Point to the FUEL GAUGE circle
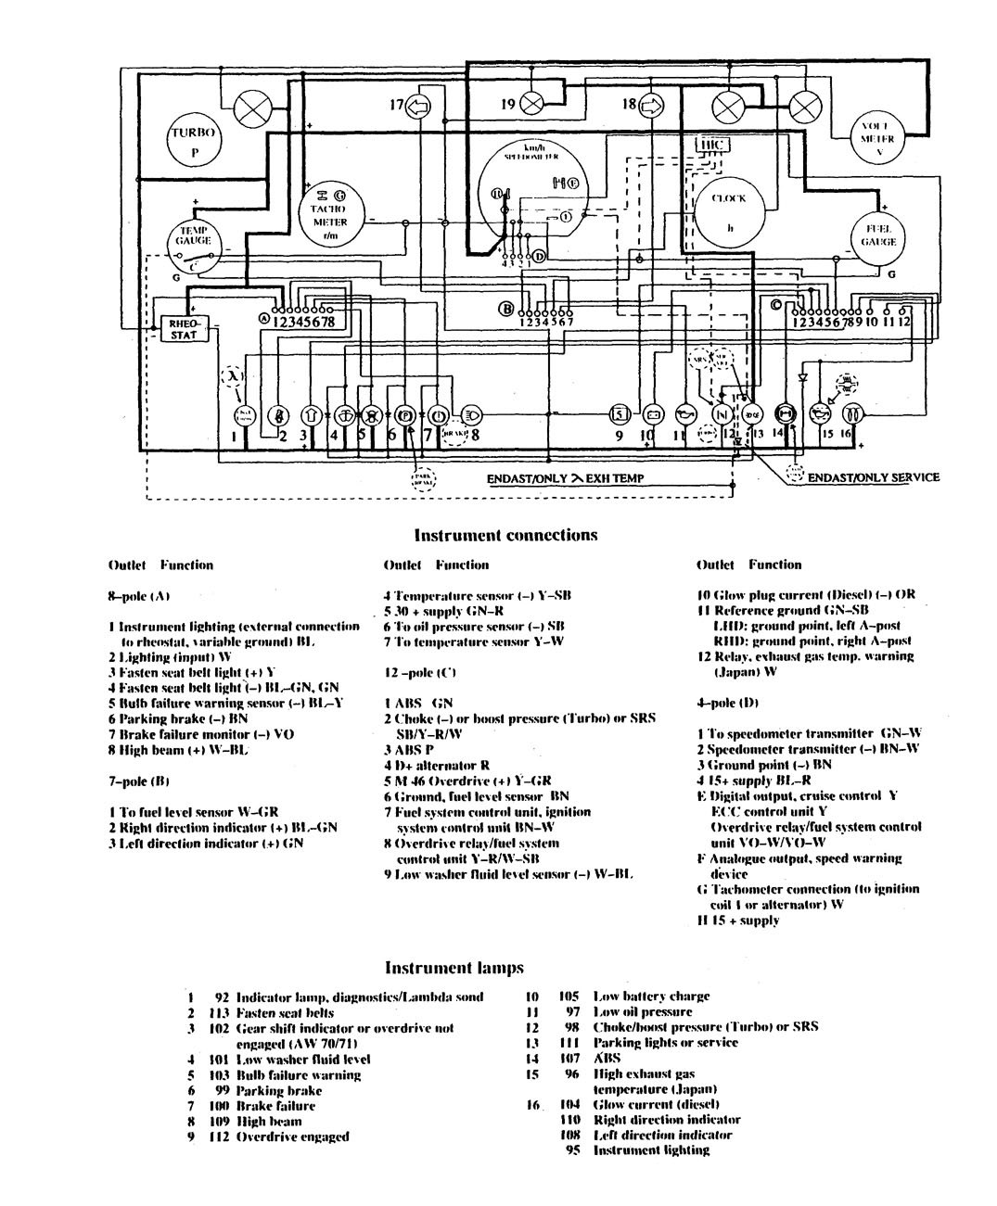coord(877,235)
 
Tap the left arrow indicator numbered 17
coord(419,107)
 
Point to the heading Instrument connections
coord(505,535)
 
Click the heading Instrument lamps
coord(454,968)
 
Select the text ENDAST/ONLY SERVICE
coord(874,477)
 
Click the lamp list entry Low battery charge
coord(651,997)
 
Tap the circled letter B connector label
coord(506,310)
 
